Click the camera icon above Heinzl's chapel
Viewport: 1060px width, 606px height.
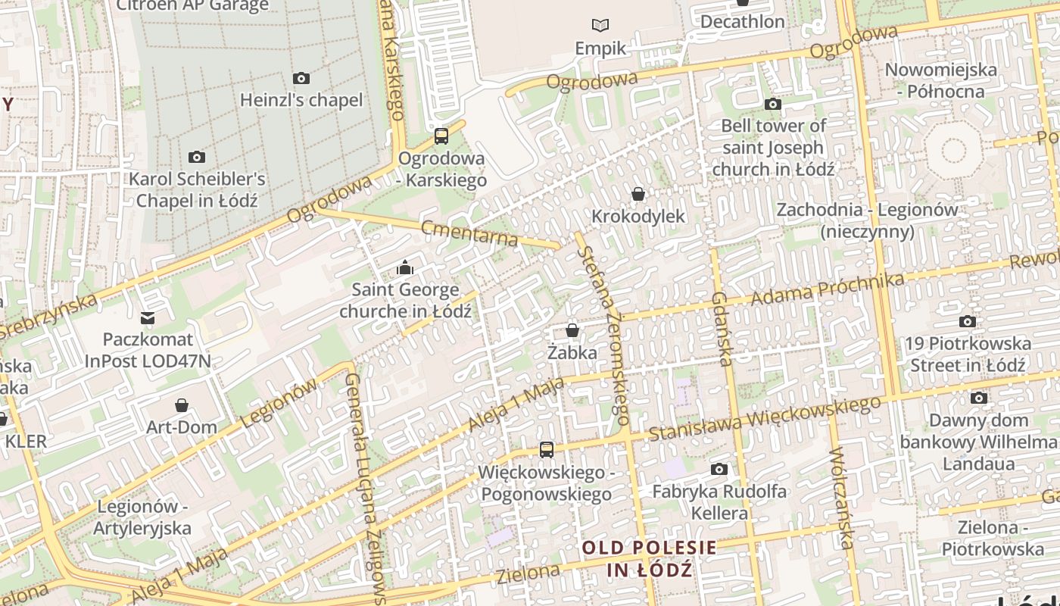[x=301, y=78]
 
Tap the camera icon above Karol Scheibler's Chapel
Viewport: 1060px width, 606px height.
[x=197, y=157]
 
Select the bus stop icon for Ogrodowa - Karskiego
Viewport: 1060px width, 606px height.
[x=441, y=136]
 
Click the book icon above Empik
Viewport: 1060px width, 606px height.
[x=600, y=26]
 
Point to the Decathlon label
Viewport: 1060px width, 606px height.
[x=742, y=21]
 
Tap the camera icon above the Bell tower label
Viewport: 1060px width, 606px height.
[x=773, y=104]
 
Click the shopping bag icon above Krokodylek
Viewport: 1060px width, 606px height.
[x=638, y=194]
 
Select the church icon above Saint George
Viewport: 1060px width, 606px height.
[x=405, y=267]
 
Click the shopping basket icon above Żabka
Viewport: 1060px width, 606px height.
[x=572, y=330]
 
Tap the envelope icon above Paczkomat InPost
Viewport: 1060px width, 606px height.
[x=148, y=317]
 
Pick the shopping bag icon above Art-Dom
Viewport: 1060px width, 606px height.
[x=181, y=405]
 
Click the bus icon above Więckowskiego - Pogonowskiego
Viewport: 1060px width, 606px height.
[x=546, y=450]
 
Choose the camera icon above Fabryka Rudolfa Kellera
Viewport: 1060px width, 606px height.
[x=719, y=470]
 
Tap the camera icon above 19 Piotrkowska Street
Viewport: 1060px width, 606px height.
[x=968, y=321]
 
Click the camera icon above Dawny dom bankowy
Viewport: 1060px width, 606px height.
[x=979, y=398]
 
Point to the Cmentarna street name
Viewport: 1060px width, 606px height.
[x=469, y=233]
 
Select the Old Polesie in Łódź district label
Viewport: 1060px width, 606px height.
[x=649, y=558]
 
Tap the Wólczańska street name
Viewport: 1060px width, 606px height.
[x=841, y=498]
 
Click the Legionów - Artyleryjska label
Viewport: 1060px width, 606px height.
[x=142, y=517]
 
